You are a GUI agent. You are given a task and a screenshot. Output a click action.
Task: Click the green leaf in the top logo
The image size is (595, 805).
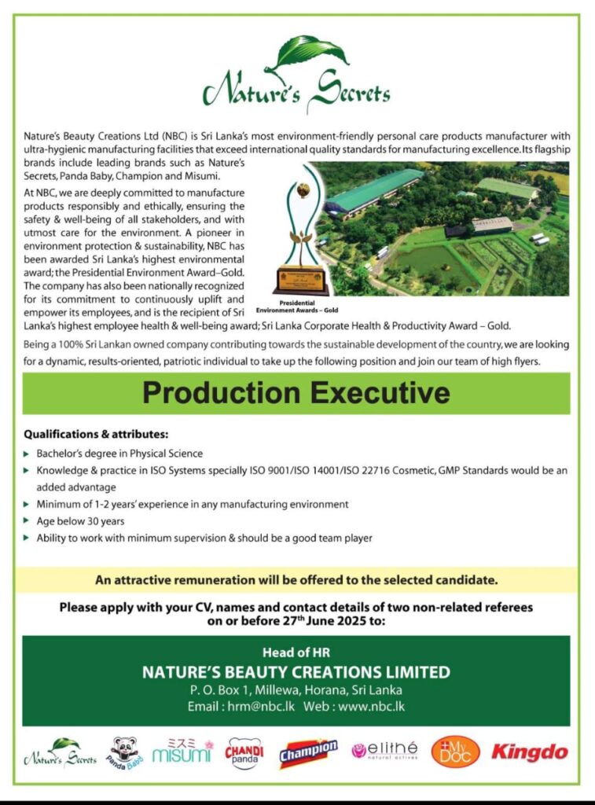[311, 53]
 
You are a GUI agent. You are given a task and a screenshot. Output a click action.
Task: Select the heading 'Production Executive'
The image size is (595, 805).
[296, 393]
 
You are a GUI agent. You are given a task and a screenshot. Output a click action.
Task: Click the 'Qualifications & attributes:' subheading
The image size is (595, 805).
[96, 434]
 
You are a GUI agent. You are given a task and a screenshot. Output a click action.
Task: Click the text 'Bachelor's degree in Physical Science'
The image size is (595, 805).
[119, 454]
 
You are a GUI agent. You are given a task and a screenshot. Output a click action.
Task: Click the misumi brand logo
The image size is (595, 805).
[182, 752]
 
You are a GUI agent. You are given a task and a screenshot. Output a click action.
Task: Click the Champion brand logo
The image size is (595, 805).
[308, 752]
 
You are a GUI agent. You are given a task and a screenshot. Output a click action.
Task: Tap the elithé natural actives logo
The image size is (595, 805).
[385, 751]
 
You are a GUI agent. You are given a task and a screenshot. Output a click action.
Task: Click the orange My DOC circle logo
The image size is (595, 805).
[455, 752]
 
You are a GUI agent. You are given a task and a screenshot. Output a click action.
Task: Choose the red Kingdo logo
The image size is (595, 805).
[530, 752]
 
